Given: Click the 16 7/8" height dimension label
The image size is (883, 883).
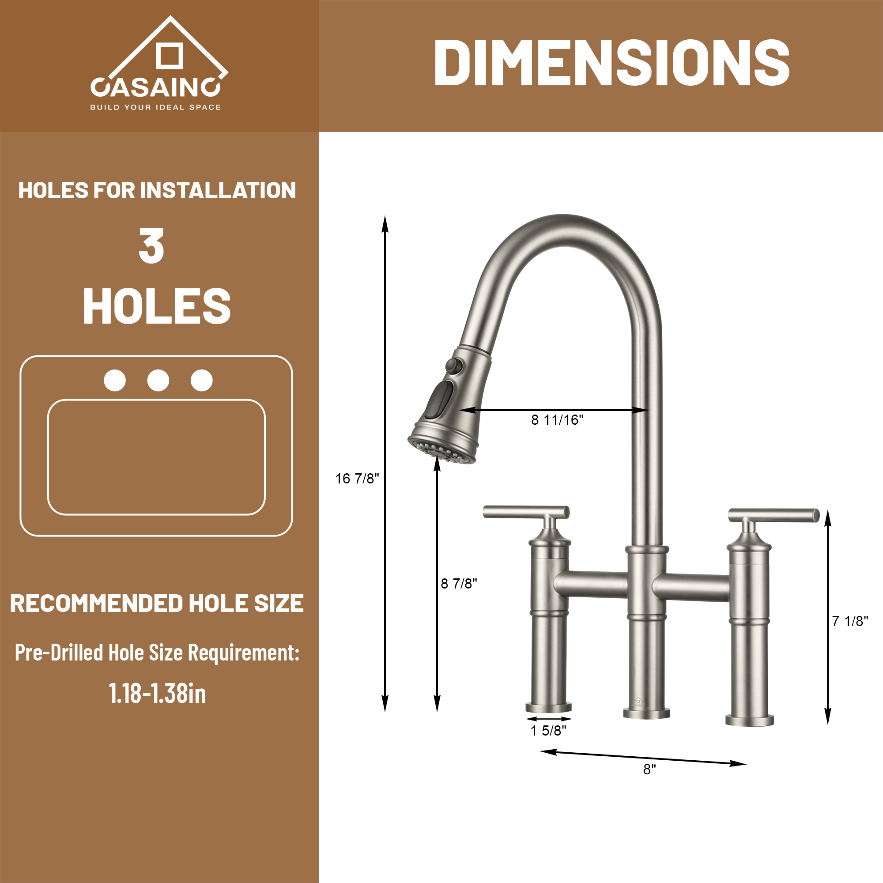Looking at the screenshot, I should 357,479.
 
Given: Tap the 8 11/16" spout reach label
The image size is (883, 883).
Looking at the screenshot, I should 557,419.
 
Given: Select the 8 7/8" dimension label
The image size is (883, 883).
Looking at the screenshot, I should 459,584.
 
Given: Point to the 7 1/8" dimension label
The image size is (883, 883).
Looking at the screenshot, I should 850,621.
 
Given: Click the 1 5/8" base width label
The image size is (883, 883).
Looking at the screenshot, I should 548,731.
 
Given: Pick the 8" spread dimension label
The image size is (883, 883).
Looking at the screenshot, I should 649,770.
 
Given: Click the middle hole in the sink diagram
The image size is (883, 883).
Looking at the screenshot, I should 158,380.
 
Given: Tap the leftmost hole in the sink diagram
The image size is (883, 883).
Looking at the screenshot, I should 115,380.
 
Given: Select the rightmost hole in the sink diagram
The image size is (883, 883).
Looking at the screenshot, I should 202,380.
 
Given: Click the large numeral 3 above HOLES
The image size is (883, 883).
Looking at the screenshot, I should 151,246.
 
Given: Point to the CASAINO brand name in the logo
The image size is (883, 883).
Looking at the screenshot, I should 156,87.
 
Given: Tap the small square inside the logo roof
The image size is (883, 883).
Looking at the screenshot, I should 170,56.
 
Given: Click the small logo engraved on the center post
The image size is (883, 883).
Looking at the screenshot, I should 638,702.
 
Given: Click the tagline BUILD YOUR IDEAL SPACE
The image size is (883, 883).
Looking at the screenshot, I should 155,107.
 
